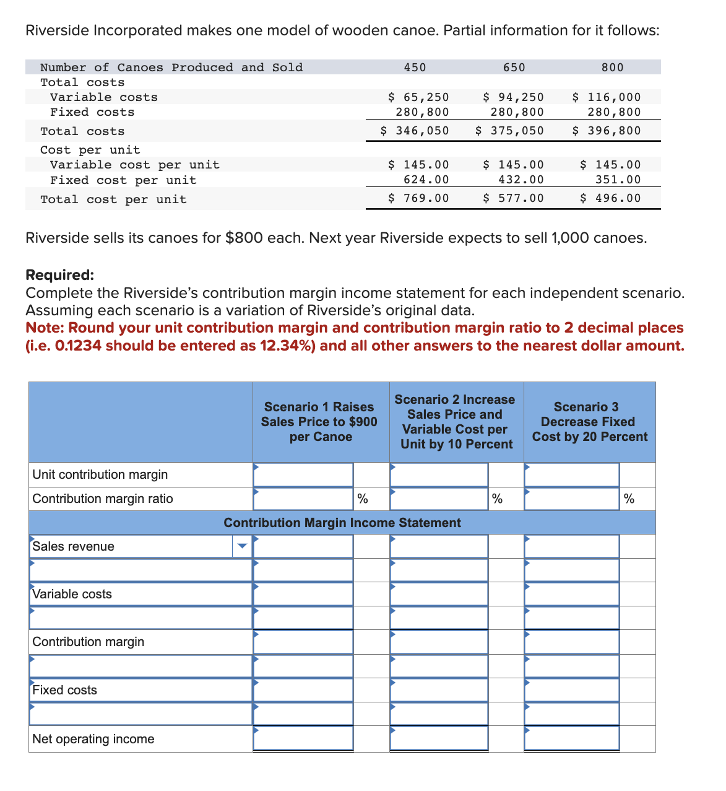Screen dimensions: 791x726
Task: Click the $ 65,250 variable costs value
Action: coord(418,97)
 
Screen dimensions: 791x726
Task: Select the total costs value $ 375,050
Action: coord(509,131)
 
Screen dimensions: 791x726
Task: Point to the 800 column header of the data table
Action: coord(612,68)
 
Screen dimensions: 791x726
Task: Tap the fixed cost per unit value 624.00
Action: coord(426,180)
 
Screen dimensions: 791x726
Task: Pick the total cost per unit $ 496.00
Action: coord(610,198)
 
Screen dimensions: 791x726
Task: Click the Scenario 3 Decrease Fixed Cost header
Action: coord(589,422)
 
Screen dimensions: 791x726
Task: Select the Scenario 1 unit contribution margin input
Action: coord(303,474)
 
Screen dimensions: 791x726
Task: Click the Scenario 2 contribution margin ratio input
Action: coord(439,499)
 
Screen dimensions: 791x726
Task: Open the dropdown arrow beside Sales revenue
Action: coord(243,546)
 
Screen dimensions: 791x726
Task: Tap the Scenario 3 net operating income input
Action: coord(571,738)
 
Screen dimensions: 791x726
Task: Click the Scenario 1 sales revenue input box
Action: coord(303,546)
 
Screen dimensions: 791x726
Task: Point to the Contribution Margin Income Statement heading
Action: coord(342,523)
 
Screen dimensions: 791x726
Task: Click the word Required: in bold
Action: coord(60,275)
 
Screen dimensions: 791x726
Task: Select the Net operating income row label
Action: coord(93,739)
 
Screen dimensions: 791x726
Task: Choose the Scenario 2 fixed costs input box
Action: coord(439,690)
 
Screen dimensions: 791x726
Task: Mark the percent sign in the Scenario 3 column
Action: coord(629,499)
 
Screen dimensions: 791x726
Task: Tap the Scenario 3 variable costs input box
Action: coord(571,594)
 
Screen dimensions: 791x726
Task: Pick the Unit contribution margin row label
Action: coord(100,474)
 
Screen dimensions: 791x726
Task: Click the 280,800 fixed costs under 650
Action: coord(517,112)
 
